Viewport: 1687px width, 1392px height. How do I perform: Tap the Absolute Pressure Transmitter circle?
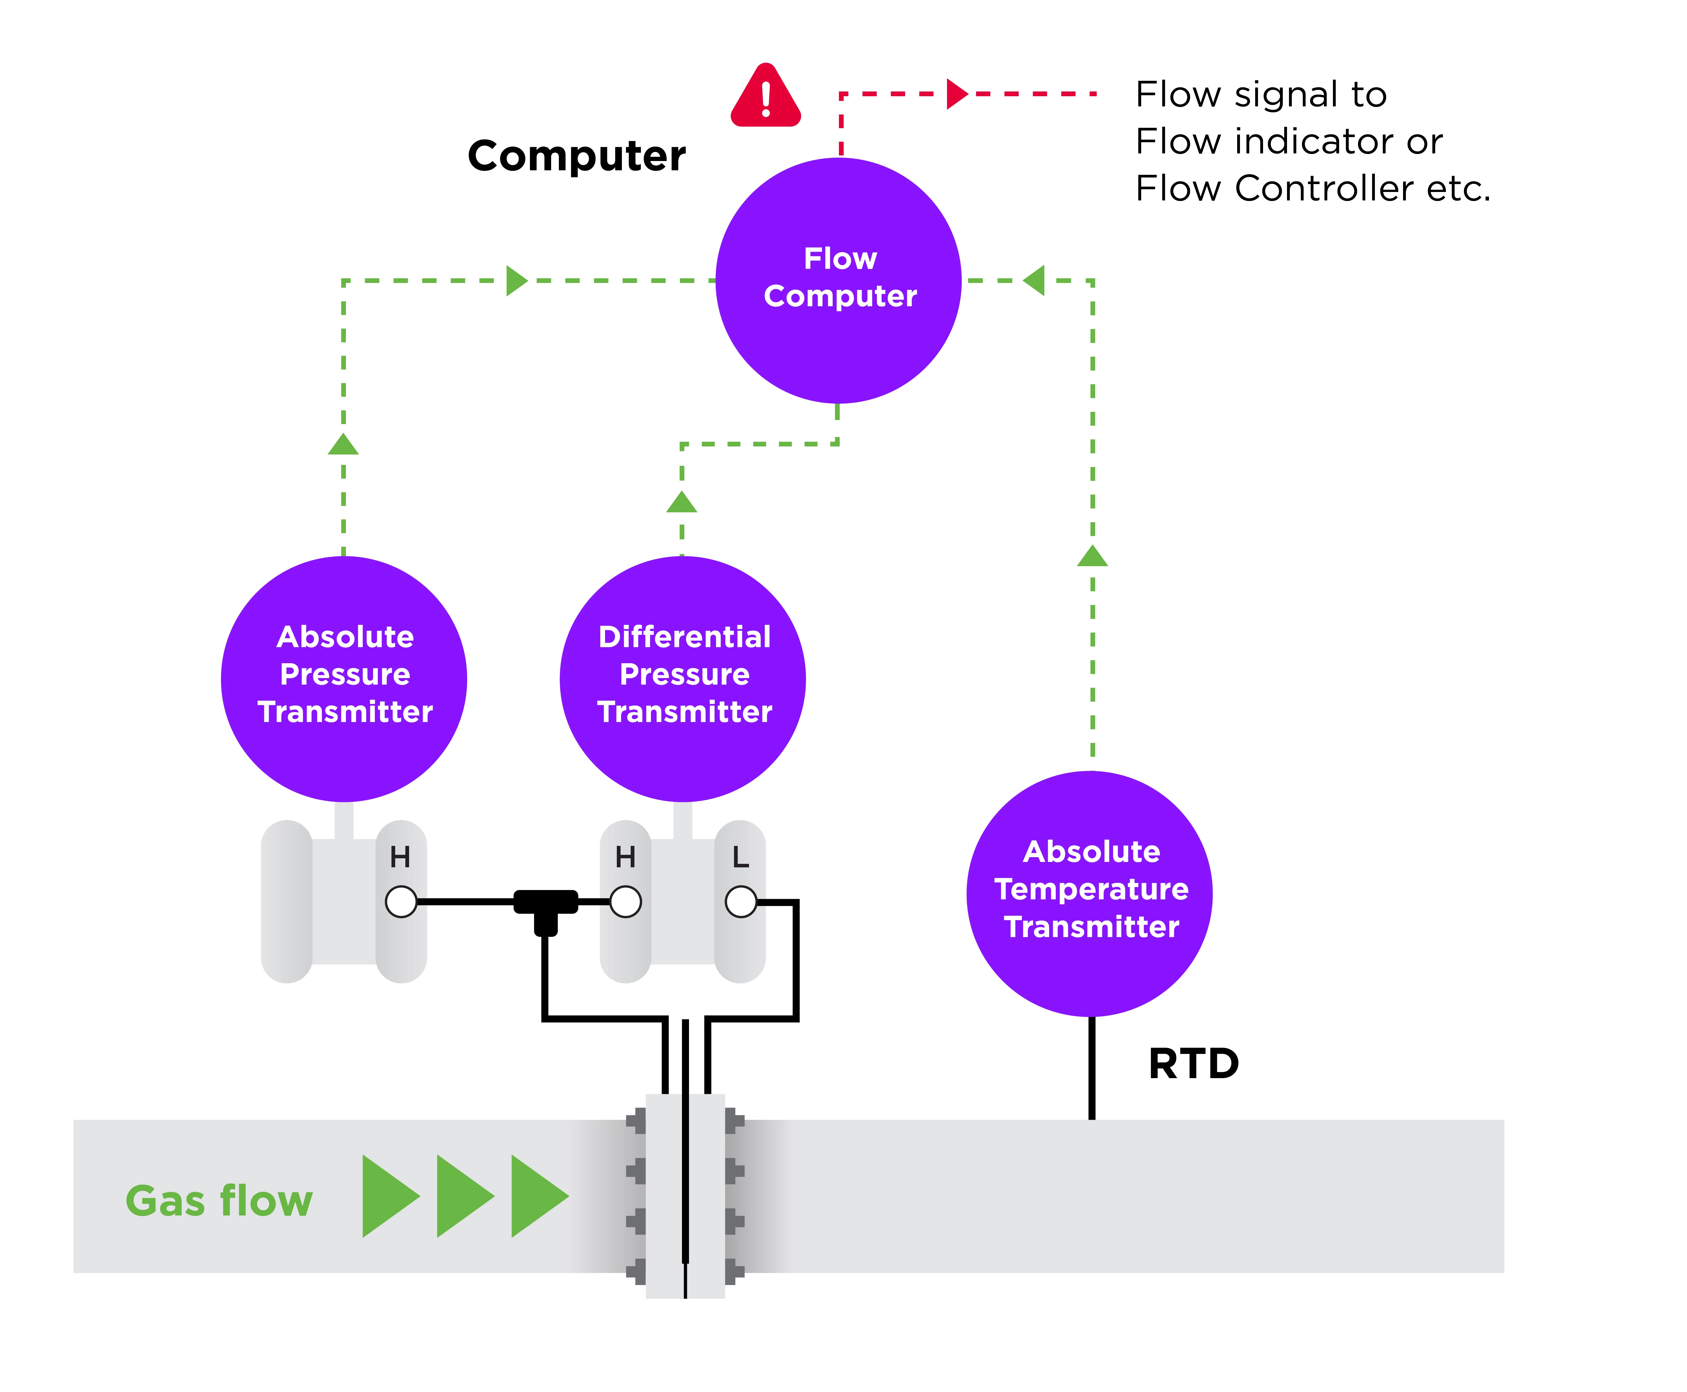[344, 678]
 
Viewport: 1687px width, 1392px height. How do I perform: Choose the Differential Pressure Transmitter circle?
[683, 678]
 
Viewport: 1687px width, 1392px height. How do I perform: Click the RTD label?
[1193, 1063]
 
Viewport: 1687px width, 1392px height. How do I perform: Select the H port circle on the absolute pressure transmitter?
[401, 901]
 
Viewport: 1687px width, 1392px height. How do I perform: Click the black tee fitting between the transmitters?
[546, 906]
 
